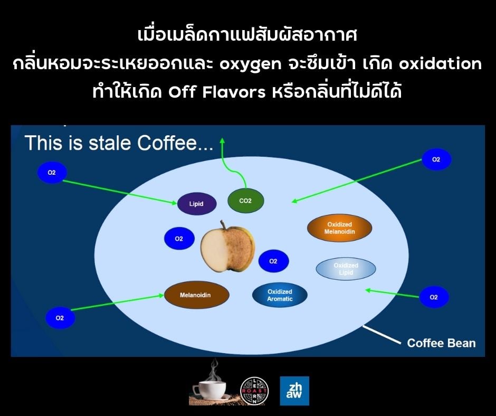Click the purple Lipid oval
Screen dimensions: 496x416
coord(197,204)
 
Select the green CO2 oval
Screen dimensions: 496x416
coord(245,201)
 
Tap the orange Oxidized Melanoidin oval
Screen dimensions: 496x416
coord(339,228)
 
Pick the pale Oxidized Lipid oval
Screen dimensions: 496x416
coord(346,269)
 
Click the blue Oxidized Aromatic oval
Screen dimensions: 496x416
coord(280,295)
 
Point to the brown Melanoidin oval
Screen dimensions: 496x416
coord(196,295)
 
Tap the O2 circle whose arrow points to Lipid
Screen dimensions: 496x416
coord(52,173)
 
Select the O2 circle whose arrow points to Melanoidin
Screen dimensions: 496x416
coord(60,318)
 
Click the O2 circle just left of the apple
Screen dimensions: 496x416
coord(179,239)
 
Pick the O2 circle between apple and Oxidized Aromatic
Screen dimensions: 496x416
coord(273,261)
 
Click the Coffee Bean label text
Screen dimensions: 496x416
coord(441,343)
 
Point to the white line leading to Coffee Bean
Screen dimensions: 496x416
coord(381,335)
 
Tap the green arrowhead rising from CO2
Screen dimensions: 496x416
coord(222,141)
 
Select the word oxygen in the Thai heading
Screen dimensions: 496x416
coord(250,64)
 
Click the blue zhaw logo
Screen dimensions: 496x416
coord(294,391)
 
